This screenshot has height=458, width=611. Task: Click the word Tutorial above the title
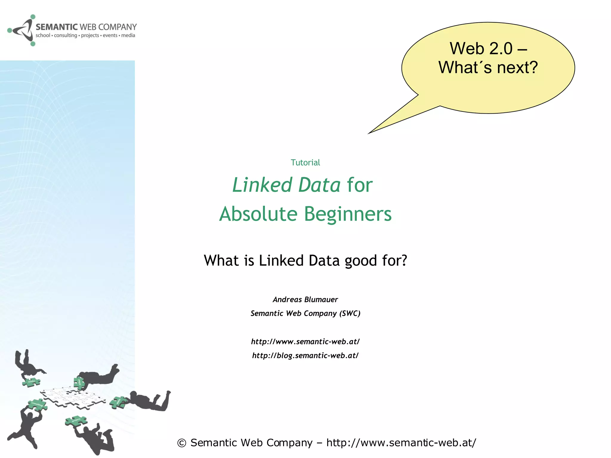305,163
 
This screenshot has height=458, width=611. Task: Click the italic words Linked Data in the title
286,185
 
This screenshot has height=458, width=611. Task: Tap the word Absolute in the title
258,214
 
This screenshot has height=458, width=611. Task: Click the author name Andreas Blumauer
305,299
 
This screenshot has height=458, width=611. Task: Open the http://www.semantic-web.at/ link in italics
305,341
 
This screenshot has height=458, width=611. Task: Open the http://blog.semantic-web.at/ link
305,355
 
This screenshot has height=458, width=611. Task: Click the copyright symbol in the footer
182,443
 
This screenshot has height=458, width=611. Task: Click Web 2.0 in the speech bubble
481,48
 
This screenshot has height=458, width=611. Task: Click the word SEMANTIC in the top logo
57,27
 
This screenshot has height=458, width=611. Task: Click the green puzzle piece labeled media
31,382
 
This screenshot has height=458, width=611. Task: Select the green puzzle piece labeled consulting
38,404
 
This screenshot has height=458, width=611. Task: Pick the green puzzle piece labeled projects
76,420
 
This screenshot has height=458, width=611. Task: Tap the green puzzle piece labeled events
118,402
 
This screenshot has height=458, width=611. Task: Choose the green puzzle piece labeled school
79,383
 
